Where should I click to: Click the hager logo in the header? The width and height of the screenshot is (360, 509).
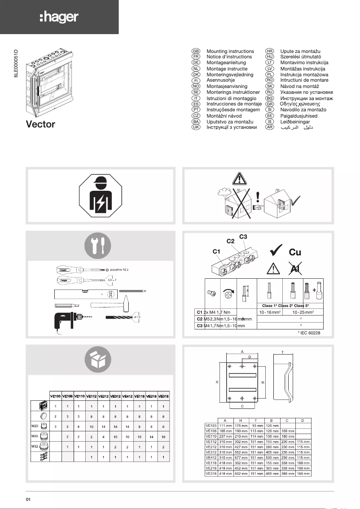tap(59, 18)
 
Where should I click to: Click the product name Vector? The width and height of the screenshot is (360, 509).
tap(40, 124)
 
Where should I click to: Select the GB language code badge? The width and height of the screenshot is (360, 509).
tap(196, 52)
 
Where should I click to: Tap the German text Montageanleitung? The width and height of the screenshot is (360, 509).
tap(226, 63)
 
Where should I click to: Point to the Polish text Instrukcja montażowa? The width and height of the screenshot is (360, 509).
tap(304, 75)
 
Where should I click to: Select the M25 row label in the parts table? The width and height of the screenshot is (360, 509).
tap(35, 435)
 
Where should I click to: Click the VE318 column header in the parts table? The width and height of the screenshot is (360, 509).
tap(163, 396)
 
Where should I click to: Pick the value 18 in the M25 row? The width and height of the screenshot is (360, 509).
tap(163, 436)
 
